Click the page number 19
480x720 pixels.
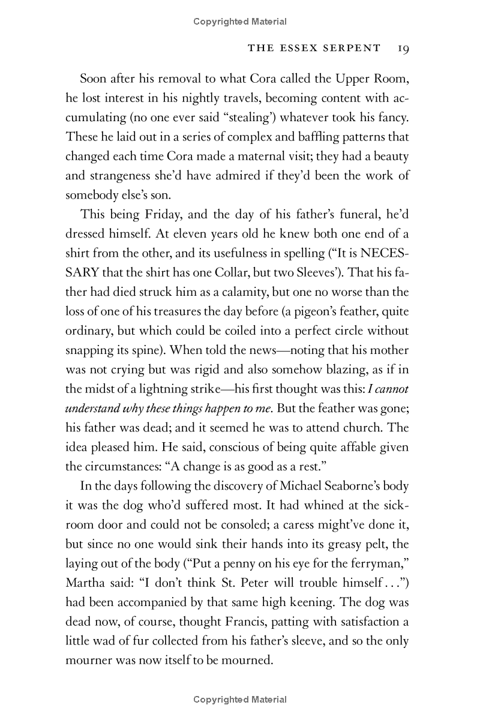(x=402, y=49)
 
